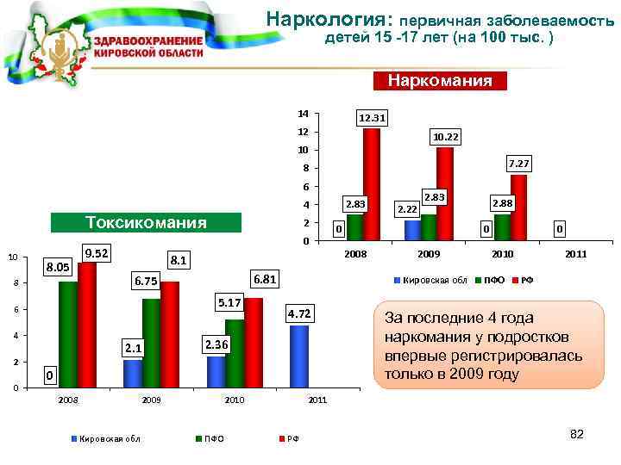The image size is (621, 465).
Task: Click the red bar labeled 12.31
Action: click(372, 183)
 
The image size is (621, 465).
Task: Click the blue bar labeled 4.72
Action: click(299, 356)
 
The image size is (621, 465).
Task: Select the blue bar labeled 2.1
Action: click(133, 373)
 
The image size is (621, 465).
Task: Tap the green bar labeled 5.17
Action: click(235, 353)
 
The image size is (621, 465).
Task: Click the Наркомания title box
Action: click(440, 82)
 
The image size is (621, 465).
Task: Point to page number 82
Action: click(577, 434)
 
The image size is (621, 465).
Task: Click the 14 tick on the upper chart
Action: click(301, 114)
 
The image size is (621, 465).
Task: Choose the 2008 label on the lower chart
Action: click(68, 400)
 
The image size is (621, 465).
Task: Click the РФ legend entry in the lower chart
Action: click(292, 439)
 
